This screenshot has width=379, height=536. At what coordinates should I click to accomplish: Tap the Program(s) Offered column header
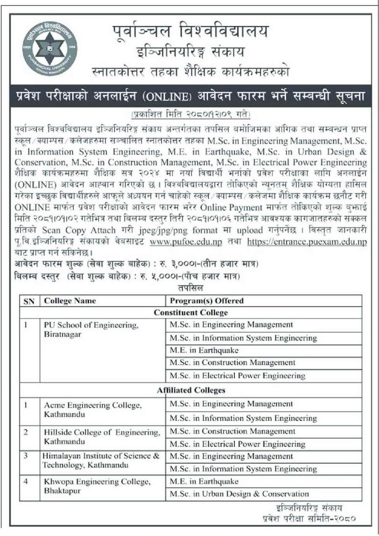click(207, 301)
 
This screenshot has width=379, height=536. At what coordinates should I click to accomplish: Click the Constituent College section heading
click(191, 313)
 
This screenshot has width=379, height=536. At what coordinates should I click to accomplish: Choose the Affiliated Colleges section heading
click(191, 390)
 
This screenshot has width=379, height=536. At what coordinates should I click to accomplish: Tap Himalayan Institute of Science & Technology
click(101, 461)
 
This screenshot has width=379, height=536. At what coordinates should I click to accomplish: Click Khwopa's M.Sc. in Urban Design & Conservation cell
click(239, 494)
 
